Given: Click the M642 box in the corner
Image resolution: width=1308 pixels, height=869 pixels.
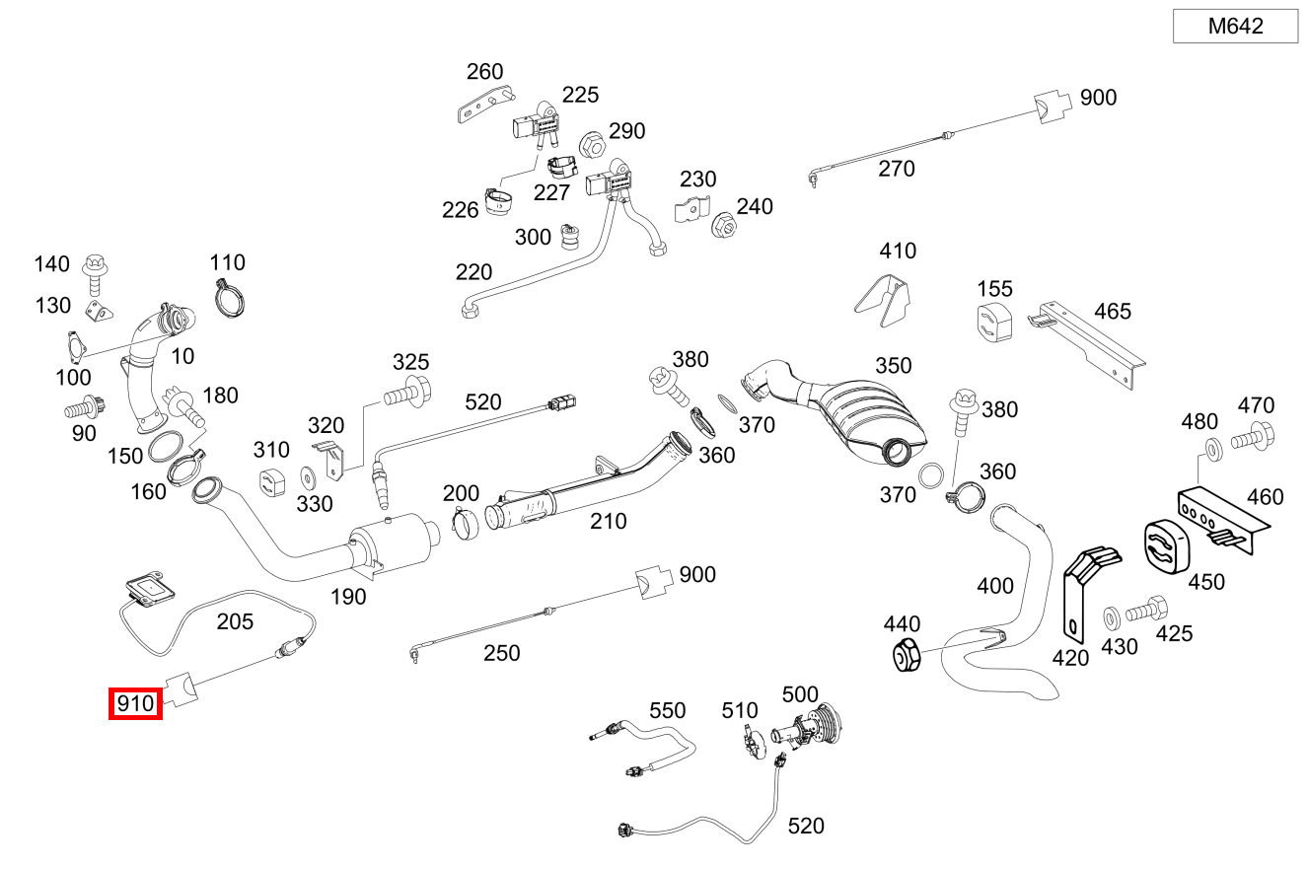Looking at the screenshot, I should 1235,27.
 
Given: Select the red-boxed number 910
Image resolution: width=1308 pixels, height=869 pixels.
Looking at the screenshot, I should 135,704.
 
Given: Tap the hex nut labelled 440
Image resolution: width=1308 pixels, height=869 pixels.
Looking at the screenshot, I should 906,655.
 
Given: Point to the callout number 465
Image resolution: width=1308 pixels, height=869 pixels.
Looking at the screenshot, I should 1113,312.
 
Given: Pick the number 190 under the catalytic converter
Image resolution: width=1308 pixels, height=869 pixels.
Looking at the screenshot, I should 348,596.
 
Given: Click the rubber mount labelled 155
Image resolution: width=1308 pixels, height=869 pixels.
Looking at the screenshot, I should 994,326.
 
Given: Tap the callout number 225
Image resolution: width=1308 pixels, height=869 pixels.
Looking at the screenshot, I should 581,95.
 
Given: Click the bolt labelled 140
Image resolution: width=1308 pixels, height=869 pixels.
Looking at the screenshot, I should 96,269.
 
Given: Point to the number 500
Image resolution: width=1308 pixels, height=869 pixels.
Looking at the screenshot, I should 800,694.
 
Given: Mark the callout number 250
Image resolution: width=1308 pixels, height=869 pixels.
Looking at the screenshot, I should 502,653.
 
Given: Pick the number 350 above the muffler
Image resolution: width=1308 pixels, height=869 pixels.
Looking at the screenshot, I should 894,366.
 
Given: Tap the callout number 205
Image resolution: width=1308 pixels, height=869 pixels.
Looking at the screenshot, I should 235,621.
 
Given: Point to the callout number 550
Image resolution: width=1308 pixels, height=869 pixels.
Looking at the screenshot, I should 667,710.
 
